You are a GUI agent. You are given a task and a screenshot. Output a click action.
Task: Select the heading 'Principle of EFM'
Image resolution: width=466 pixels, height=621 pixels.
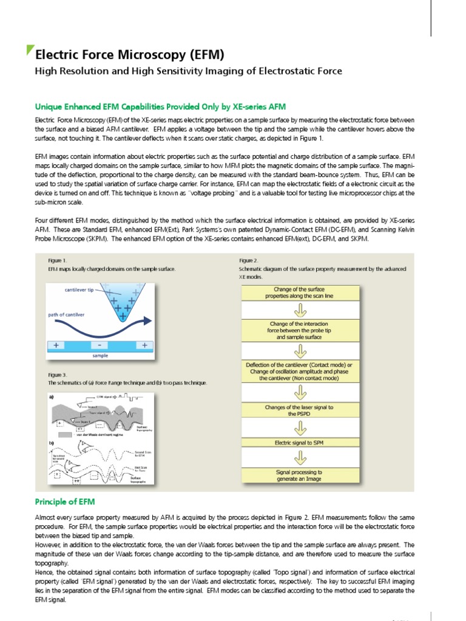point(64,502)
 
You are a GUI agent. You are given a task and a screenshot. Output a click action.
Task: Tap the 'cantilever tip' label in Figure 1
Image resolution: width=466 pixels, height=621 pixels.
point(79,290)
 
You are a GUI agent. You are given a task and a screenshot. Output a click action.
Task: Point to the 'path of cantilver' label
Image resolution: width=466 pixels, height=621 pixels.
point(67,315)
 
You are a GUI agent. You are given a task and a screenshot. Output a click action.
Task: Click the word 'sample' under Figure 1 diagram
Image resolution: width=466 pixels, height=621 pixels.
point(100,355)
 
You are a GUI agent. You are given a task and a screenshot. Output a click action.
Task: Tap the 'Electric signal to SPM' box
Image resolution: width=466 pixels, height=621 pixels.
point(300,443)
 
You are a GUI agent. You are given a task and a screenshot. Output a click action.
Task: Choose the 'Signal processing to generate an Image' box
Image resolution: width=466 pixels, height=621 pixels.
point(300,475)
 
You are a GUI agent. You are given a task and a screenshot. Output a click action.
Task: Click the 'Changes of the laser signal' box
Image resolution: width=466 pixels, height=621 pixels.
point(300,411)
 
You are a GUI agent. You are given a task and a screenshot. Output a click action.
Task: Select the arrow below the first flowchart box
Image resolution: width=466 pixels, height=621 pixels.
point(300,310)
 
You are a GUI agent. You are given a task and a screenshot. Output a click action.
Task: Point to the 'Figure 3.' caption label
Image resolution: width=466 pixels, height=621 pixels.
point(58,375)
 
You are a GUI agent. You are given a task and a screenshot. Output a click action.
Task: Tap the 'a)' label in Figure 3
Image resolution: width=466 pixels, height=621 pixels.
point(51,397)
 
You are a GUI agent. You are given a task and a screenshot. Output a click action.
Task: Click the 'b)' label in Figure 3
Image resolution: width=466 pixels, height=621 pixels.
point(51,443)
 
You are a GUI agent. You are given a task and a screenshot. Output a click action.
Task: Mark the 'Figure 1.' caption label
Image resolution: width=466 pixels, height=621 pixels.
point(58,260)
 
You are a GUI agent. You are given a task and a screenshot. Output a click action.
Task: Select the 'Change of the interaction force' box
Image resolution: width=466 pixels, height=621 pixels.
point(300,331)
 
